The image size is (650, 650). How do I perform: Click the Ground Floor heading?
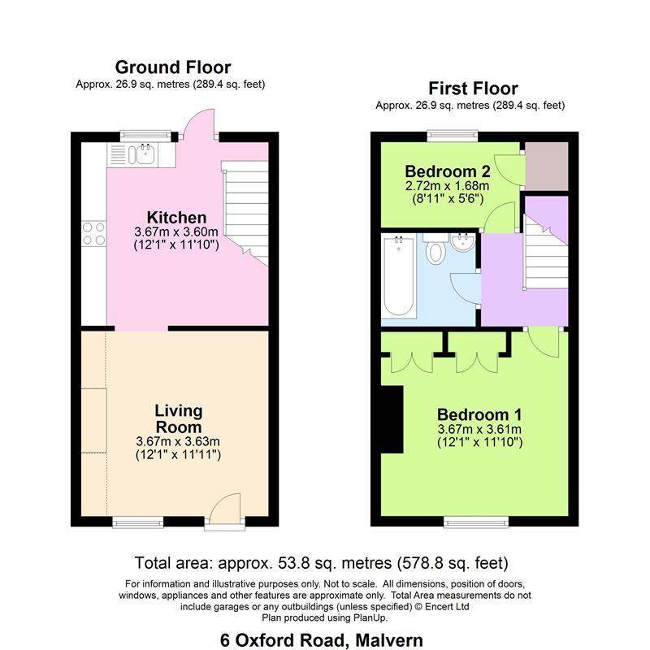point(173,67)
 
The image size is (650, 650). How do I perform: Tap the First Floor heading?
point(473,89)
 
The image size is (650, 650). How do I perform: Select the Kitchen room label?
point(176,217)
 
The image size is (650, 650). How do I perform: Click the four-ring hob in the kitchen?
point(94,234)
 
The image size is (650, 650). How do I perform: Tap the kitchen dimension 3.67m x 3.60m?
point(176,232)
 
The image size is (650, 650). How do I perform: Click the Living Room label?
point(179,418)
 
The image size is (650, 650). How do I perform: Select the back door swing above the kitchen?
point(199,123)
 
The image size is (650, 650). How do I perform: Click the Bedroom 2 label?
point(448,171)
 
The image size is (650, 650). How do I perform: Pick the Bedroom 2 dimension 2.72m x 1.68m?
point(448,185)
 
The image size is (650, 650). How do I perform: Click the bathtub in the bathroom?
point(399,275)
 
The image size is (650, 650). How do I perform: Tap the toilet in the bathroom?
point(435,248)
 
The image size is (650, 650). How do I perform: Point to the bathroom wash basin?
point(463,242)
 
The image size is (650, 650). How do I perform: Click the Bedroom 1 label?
point(479,414)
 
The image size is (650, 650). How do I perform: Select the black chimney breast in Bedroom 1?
point(392,419)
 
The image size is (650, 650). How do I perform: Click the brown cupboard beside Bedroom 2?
point(547,167)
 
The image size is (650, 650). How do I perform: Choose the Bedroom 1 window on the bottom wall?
point(476,522)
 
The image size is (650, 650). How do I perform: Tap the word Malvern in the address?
point(389,640)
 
